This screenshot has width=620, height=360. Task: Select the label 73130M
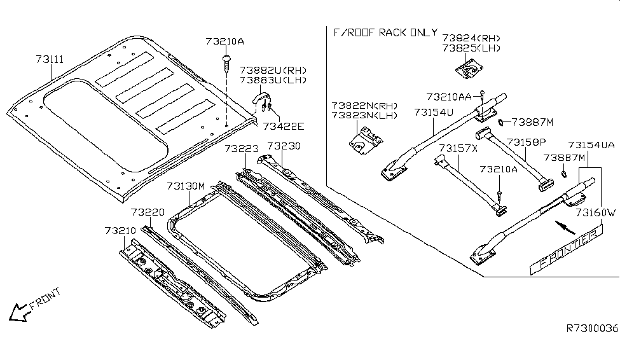[186, 186]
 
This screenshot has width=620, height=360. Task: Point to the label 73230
[284, 146]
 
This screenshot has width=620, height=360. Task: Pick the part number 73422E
[283, 126]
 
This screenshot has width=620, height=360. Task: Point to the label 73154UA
[591, 145]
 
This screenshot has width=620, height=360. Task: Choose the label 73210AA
[448, 96]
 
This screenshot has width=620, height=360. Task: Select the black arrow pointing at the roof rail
[561, 225]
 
